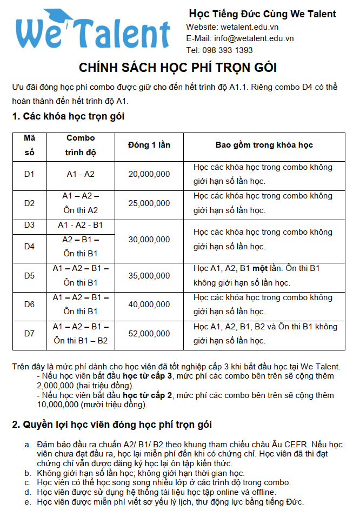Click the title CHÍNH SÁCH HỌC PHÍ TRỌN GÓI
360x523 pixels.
[178, 68]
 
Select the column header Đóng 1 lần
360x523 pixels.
[149, 145]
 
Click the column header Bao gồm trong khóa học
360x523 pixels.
[264, 145]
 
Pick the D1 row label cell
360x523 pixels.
[29, 174]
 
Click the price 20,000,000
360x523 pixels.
[149, 174]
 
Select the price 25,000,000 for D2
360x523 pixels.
[149, 203]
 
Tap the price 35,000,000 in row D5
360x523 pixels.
[149, 276]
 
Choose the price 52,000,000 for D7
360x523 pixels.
[149, 334]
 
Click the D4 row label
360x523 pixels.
[29, 247]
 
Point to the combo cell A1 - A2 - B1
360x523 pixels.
[81, 225]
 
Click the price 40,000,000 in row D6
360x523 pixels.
[149, 304]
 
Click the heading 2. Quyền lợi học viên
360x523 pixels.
[112, 425]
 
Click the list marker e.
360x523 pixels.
[28, 501]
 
